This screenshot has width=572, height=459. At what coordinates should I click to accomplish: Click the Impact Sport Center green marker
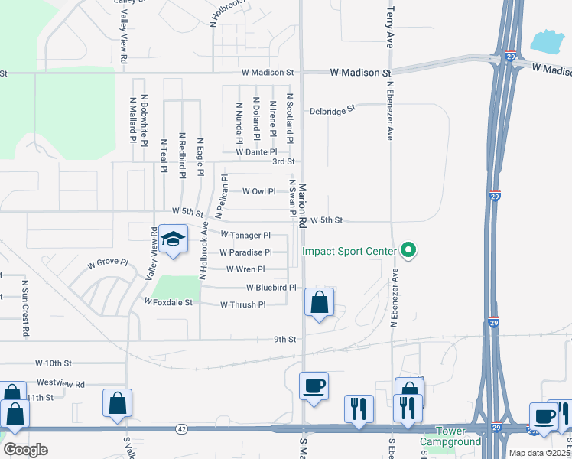[408, 250]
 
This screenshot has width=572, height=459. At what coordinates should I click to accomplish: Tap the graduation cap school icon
[174, 240]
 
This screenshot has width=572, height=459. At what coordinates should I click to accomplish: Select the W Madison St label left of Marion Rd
[268, 73]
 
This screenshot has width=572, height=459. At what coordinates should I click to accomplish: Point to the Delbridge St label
[333, 110]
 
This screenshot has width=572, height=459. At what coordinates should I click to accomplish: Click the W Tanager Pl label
[245, 236]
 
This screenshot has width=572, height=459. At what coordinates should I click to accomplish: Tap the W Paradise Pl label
[245, 252]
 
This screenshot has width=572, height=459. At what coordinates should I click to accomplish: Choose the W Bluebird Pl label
[271, 288]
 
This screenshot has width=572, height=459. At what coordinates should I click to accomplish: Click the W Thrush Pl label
[242, 304]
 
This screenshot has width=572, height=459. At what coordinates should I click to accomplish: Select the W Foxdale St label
[168, 302]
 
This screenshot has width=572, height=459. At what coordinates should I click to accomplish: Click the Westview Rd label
[60, 383]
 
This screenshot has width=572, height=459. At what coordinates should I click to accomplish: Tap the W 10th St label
[53, 363]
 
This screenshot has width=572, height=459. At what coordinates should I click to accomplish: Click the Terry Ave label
[390, 28]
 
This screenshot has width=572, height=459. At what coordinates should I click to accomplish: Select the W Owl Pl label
[258, 191]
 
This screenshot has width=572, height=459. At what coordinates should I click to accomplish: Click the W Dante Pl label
[256, 152]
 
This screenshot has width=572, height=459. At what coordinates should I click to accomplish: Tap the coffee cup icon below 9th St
[314, 386]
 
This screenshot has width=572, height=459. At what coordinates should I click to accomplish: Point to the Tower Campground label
[451, 437]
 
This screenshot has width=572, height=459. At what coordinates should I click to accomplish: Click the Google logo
[24, 450]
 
